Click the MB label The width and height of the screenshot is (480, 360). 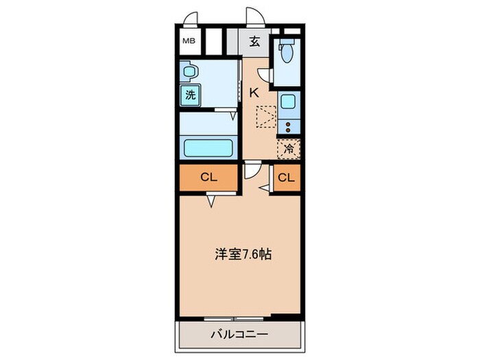[188, 41]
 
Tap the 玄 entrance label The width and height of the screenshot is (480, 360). [254, 41]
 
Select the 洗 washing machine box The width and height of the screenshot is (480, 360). [190, 95]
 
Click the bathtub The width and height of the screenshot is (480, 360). [209, 147]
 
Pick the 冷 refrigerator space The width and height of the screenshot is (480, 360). [289, 147]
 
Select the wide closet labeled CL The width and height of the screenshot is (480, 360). [208, 178]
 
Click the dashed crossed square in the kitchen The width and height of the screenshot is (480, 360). [265, 117]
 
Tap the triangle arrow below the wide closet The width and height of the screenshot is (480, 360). [213, 201]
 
